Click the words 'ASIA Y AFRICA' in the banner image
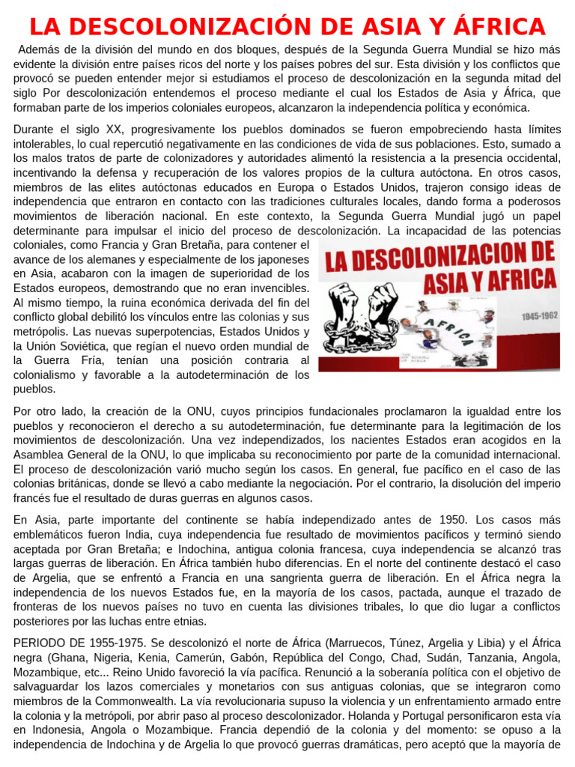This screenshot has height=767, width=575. [x=490, y=281]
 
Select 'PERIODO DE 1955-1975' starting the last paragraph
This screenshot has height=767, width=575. [x=73, y=643]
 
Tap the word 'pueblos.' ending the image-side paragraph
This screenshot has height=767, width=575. [x=34, y=389]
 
